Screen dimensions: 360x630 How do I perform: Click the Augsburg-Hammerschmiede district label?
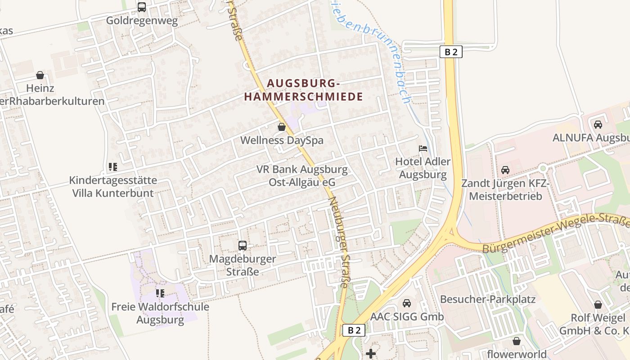(302, 90)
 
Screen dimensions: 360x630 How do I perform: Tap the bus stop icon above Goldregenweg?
(142, 7)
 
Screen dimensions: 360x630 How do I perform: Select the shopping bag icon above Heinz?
(40, 75)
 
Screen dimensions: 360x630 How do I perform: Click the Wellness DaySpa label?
(282, 140)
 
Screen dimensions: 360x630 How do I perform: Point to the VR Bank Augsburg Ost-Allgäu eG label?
(302, 176)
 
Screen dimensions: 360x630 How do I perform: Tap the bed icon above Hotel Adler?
(423, 148)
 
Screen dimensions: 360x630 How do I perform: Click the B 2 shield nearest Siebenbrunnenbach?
(450, 52)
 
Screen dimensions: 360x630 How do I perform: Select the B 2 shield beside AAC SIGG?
(354, 330)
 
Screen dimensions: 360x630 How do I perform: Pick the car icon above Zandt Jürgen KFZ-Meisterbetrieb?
(505, 170)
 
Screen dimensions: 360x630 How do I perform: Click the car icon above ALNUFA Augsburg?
(598, 125)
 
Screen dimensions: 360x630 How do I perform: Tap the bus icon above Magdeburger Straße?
(243, 246)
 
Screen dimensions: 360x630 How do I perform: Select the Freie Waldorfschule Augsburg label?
(160, 313)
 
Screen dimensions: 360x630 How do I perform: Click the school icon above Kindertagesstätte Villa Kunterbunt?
(112, 167)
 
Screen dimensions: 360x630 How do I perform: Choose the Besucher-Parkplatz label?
(488, 299)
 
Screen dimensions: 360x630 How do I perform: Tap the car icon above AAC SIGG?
(407, 303)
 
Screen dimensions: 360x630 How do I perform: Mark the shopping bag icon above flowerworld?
(517, 341)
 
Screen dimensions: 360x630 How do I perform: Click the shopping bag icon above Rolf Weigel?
(598, 305)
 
